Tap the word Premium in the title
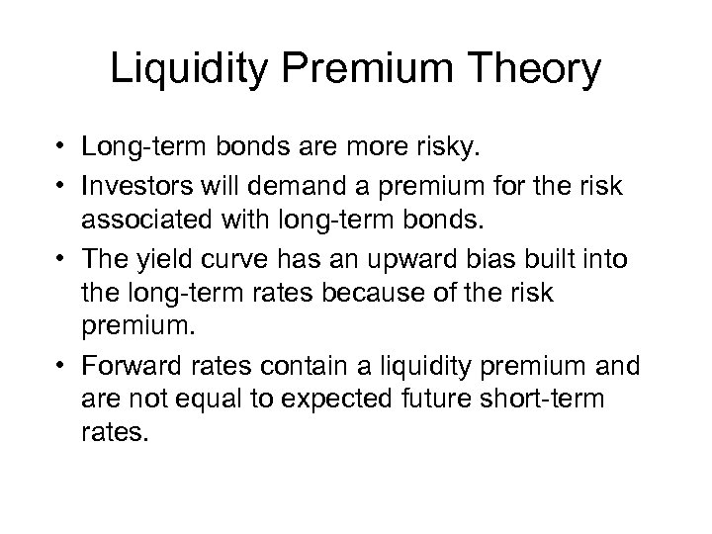pyautogui.click(x=367, y=71)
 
